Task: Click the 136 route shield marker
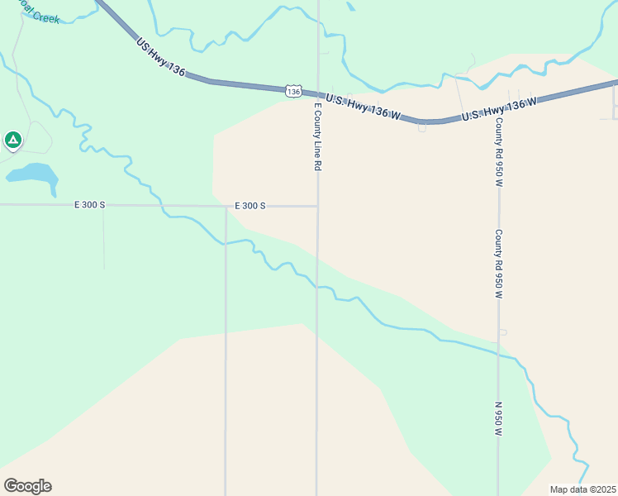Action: tap(293, 91)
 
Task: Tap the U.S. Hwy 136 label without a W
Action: tap(160, 58)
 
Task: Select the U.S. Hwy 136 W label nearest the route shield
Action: tap(363, 107)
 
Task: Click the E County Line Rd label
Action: tap(316, 136)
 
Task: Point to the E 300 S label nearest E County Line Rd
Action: tap(250, 205)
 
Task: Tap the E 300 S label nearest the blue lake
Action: tap(89, 205)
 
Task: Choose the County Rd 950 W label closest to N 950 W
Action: tap(499, 265)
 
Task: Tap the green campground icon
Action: tap(12, 141)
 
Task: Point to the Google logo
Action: tap(27, 486)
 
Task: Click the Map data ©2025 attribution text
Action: tap(582, 489)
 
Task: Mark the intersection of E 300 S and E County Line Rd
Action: tap(317, 206)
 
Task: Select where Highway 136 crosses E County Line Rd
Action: tap(318, 94)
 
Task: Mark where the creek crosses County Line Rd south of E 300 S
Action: tap(317, 287)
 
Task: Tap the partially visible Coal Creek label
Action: tap(41, 14)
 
